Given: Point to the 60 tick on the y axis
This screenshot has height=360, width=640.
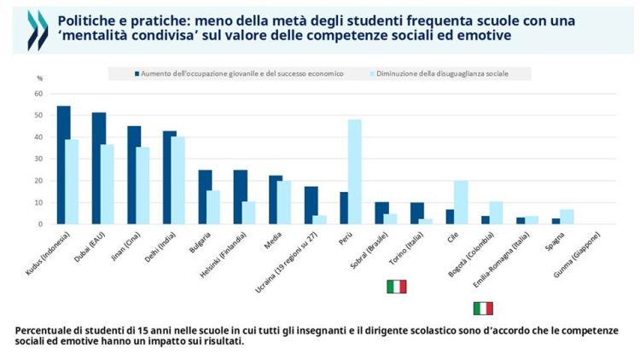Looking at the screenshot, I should pyautogui.click(x=38, y=93).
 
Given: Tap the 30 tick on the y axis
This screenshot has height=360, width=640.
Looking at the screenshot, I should pyautogui.click(x=38, y=159).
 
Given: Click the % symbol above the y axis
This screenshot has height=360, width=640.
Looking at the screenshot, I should pyautogui.click(x=38, y=78).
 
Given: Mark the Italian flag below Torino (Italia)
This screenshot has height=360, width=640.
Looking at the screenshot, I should pyautogui.click(x=396, y=286).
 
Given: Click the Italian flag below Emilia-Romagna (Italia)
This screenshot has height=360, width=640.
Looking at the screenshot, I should pyautogui.click(x=483, y=308).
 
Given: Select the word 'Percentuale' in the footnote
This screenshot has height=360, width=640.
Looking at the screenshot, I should pyautogui.click(x=45, y=330).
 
